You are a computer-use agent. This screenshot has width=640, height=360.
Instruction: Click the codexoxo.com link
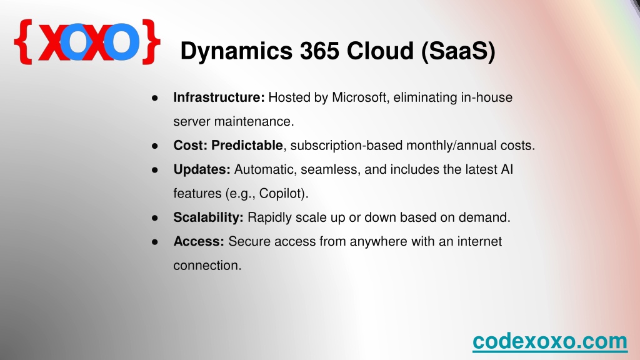click(x=550, y=341)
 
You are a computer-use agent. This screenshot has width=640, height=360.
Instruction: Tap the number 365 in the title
click(x=320, y=51)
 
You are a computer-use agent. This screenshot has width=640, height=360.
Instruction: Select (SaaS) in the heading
click(x=458, y=52)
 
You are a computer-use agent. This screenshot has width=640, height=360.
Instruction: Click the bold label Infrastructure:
click(x=219, y=97)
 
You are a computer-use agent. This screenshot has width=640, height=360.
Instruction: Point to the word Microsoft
click(x=359, y=97)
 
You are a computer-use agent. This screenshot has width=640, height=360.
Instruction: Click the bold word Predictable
click(x=247, y=145)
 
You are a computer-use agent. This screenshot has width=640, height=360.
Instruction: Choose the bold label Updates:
click(x=202, y=169)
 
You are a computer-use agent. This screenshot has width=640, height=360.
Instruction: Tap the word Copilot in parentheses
click(x=282, y=193)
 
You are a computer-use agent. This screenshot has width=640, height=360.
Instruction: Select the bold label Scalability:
click(x=208, y=217)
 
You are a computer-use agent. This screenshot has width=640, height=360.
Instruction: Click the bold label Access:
click(x=199, y=241)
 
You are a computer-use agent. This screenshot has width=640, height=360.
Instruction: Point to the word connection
click(x=207, y=265)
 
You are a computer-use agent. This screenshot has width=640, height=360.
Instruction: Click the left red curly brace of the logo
click(x=23, y=41)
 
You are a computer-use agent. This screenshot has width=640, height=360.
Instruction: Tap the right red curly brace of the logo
click(x=151, y=41)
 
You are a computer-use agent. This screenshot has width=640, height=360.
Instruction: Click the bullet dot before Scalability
click(x=155, y=218)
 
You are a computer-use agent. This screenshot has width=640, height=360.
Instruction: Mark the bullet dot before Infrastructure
click(x=155, y=98)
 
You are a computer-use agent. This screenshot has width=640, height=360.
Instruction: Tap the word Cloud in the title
click(x=380, y=51)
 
